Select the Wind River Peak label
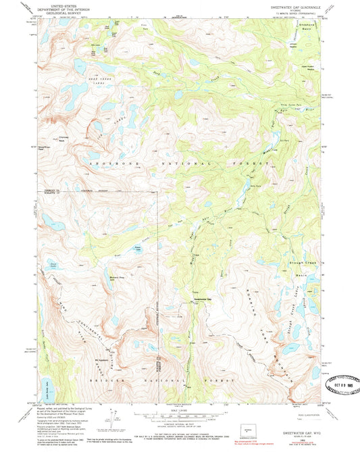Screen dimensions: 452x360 pyautogui.click(x=45, y=146)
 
